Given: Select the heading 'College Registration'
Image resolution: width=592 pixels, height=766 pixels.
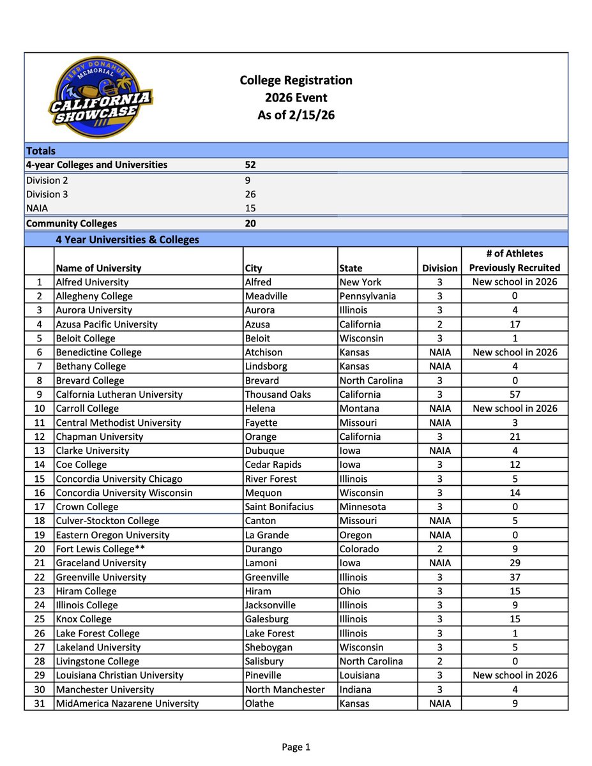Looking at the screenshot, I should [x=296, y=80].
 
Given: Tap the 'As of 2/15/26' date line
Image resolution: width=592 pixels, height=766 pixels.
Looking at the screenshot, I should [x=296, y=116].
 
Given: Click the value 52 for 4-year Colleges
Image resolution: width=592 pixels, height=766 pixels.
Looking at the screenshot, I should [x=251, y=165].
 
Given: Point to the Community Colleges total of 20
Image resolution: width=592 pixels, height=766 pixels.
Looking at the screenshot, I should [x=251, y=223].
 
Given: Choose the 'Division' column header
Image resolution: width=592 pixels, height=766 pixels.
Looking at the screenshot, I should [x=439, y=268].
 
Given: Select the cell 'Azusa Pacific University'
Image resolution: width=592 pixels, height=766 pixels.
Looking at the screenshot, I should [x=107, y=324].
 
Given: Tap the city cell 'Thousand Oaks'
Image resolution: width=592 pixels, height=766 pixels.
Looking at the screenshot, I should [x=278, y=394].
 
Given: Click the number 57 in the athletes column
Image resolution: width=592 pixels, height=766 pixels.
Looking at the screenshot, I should [x=514, y=394].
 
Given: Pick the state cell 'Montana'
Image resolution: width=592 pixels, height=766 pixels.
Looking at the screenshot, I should [x=360, y=409].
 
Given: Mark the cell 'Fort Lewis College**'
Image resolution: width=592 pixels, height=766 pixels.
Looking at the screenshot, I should [x=100, y=549].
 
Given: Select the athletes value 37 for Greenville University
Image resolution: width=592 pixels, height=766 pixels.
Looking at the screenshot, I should [x=514, y=577].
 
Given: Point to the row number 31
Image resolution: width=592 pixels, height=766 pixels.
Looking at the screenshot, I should [x=39, y=703].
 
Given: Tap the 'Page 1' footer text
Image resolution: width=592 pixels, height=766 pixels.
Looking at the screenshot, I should [x=296, y=747].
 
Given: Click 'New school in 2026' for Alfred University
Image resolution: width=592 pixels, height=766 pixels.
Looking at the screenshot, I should [x=514, y=282].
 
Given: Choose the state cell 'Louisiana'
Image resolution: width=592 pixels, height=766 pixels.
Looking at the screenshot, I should [x=360, y=675].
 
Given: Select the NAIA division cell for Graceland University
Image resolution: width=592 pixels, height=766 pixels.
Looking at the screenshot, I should [x=439, y=563].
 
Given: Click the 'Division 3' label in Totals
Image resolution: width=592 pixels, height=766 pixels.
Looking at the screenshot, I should [x=47, y=194].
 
